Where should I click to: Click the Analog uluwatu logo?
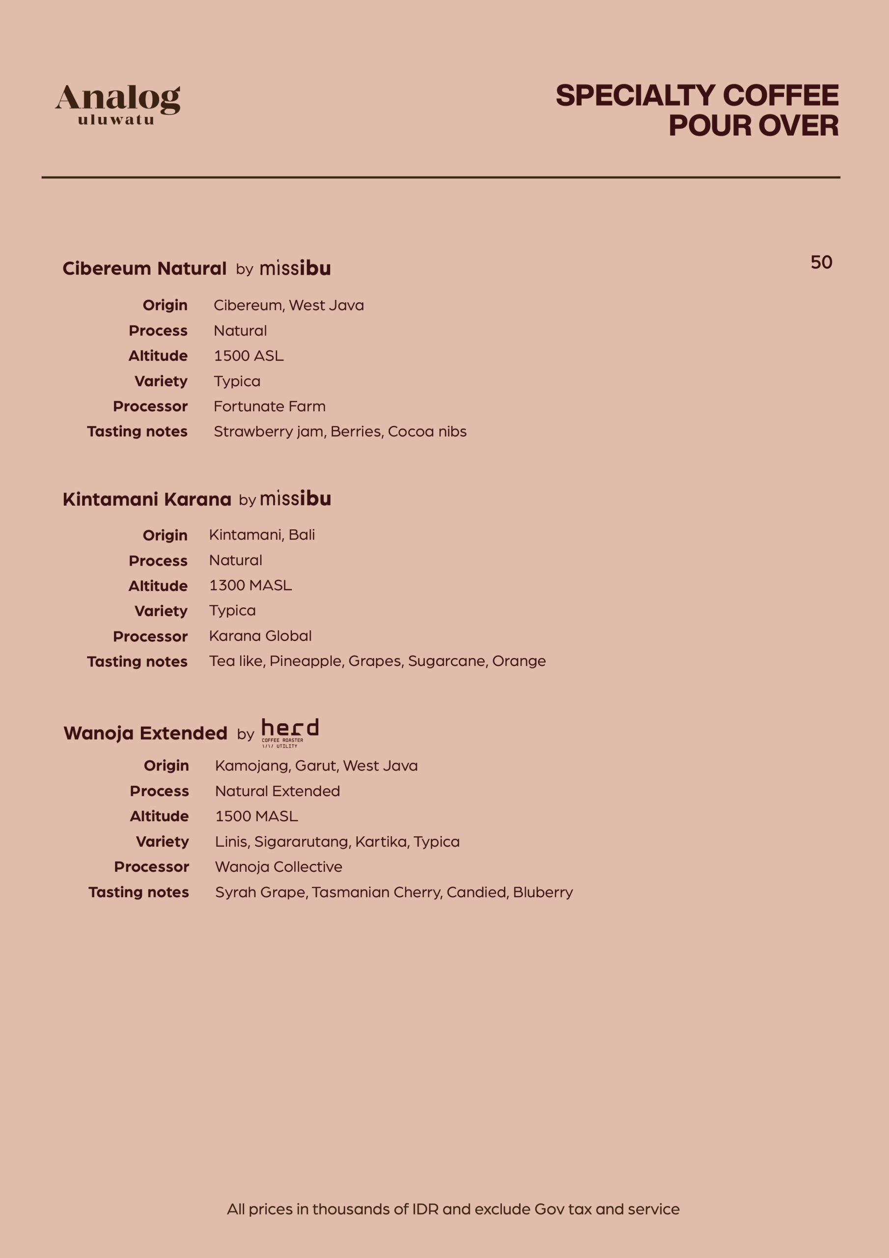[x=117, y=104]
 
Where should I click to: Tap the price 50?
[x=821, y=262]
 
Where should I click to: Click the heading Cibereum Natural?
[x=144, y=268]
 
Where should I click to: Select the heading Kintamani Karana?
[x=147, y=499]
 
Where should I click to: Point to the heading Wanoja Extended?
[x=145, y=733]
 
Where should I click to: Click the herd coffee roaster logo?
[x=290, y=732]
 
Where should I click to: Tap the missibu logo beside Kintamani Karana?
[x=295, y=499]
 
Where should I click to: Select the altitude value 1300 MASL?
[x=250, y=585]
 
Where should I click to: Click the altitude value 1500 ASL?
[x=249, y=356]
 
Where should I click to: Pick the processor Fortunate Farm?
[x=270, y=406]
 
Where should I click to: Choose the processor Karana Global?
[x=260, y=635]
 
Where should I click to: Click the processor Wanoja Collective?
[x=278, y=866]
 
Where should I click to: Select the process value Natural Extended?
[x=277, y=791]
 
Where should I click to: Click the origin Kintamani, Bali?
[x=262, y=535]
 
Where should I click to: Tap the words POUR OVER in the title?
[x=753, y=125]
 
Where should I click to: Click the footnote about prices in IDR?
[x=453, y=1209]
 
